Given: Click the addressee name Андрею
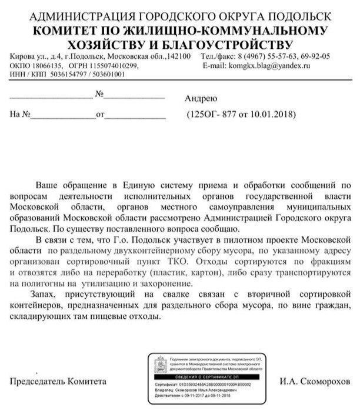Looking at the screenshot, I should click(201, 98).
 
